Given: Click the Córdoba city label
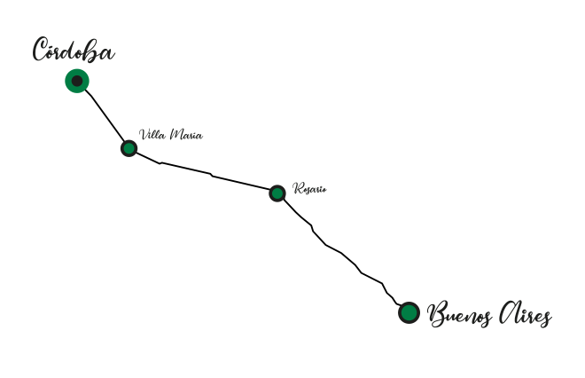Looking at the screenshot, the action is point(74,50).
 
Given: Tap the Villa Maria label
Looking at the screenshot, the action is point(171,134).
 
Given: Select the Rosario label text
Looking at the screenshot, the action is point(309,188).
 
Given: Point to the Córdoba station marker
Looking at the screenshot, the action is point(77,81).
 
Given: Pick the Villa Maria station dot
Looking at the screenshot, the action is point(129,148).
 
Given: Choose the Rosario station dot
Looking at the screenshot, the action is point(277,193).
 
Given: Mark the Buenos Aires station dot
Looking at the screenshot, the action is point(409,312).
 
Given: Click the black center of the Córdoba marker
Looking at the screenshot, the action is point(77,81).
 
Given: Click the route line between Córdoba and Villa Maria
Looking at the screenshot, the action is point(105,116).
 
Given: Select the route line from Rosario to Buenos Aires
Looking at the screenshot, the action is point(340,253).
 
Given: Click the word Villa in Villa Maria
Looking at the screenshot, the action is point(152,134).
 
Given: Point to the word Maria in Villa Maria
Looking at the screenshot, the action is point(186,134).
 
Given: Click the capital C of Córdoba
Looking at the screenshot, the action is point(40,49).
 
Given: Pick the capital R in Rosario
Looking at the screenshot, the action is point(298,188).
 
